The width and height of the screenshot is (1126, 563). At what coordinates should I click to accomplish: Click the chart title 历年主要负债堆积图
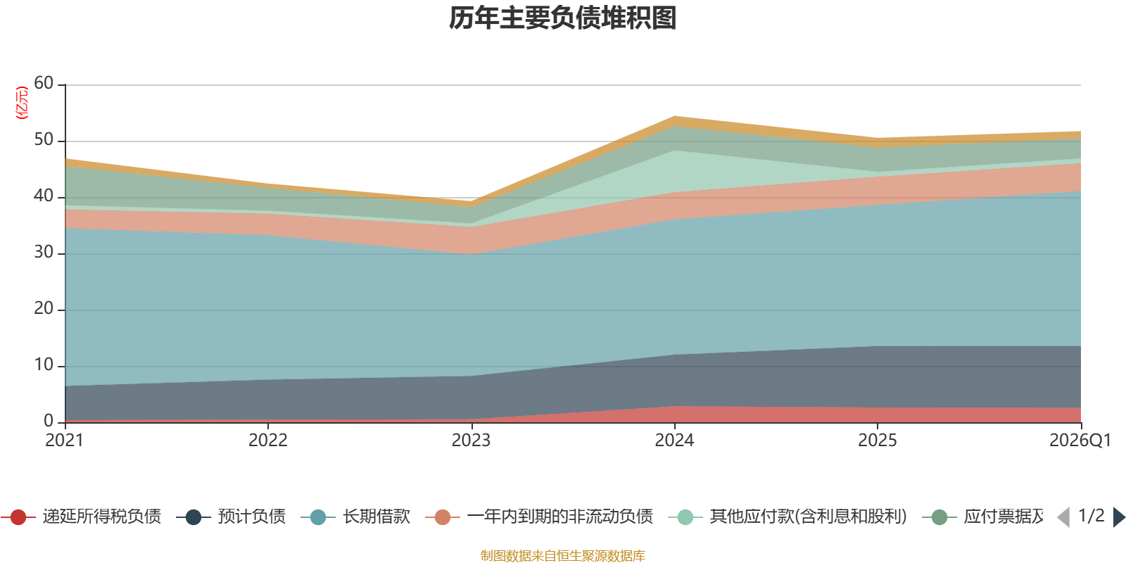click(x=563, y=18)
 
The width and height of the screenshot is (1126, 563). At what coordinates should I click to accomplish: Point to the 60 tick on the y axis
click(x=44, y=83)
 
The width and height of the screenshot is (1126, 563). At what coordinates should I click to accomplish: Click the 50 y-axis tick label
click(x=44, y=139)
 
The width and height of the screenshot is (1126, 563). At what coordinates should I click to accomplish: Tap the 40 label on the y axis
click(x=44, y=196)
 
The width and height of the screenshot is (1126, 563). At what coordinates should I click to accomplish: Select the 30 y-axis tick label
click(x=44, y=252)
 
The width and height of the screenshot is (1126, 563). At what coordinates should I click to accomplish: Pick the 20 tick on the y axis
click(x=44, y=308)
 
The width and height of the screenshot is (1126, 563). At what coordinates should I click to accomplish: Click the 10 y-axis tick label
click(x=44, y=365)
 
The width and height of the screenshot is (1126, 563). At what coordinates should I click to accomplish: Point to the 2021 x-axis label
click(x=65, y=441)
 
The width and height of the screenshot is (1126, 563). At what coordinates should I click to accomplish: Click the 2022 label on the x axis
click(x=268, y=441)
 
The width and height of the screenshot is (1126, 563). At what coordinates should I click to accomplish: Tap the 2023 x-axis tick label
click(x=471, y=441)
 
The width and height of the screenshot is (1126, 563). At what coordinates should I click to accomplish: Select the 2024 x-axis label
click(x=674, y=441)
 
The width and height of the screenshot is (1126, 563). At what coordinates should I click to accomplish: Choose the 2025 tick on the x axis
click(x=878, y=441)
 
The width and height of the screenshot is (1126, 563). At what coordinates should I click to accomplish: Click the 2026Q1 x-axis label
click(x=1080, y=441)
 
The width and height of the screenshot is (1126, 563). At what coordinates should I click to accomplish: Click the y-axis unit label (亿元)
click(x=23, y=103)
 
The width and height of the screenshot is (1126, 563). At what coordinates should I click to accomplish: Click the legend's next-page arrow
click(x=1118, y=517)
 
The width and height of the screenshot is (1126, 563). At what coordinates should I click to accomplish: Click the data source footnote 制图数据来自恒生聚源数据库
click(x=563, y=556)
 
